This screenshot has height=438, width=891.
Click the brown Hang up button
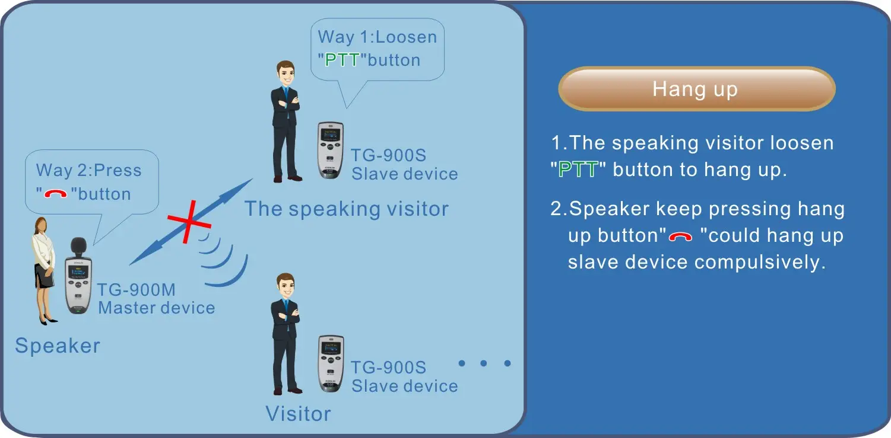[x=696, y=88]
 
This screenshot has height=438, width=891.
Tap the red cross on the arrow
[x=189, y=222]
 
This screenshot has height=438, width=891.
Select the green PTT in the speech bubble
[x=342, y=60]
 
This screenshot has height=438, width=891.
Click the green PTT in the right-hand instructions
[x=578, y=170]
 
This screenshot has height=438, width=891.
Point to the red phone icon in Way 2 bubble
[x=55, y=193]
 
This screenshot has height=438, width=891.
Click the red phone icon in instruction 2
[x=680, y=236]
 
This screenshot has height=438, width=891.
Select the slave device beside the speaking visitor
[x=330, y=151]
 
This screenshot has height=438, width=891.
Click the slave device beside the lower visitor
[x=331, y=364]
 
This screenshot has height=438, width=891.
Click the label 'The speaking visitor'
[x=346, y=209]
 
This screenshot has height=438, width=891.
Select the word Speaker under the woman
[x=58, y=346]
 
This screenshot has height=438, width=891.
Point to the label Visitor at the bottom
[x=298, y=414]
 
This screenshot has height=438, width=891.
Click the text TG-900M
[x=136, y=289]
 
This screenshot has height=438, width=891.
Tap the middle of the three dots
[x=484, y=363]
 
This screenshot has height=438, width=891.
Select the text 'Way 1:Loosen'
[x=377, y=37]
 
